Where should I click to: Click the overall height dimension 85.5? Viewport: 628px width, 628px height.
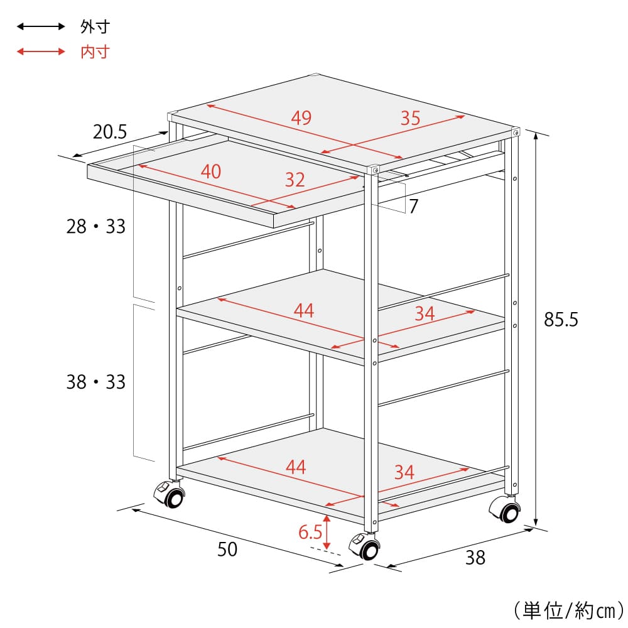tap(561, 320)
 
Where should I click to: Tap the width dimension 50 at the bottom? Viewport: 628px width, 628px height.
tap(227, 549)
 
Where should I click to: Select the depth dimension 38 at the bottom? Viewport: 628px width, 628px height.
tap(475, 557)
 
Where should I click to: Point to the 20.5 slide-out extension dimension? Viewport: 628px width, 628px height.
tap(110, 132)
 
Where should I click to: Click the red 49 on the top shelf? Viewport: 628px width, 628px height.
tap(301, 118)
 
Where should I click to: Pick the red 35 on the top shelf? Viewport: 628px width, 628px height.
tap(411, 118)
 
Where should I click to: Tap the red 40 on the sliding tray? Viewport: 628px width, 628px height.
tap(211, 172)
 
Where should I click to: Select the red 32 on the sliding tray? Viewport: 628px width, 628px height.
tap(295, 180)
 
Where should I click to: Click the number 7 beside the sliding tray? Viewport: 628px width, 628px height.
tap(414, 206)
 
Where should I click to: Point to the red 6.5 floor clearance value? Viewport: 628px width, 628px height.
tap(310, 532)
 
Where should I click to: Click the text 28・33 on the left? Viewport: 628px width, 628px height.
tap(96, 227)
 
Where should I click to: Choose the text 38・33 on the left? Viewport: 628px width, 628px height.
tap(96, 382)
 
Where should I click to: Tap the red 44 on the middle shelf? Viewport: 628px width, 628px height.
tap(304, 311)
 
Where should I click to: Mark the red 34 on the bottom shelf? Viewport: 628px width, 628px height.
tap(404, 472)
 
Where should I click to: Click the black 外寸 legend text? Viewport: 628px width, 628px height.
tap(95, 27)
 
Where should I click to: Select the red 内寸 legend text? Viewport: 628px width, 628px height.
tap(95, 52)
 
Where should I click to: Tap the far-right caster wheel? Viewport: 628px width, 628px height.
tap(506, 509)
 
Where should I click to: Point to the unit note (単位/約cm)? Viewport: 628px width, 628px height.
tap(569, 611)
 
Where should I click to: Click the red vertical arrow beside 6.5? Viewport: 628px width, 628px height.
tap(327, 533)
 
